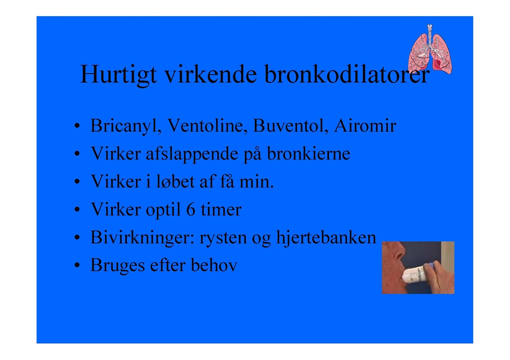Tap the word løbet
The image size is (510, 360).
pos(175,181)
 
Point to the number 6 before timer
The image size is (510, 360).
pos(191,209)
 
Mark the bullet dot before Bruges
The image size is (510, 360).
pos(77,265)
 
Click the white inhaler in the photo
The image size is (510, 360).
pos(415,275)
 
